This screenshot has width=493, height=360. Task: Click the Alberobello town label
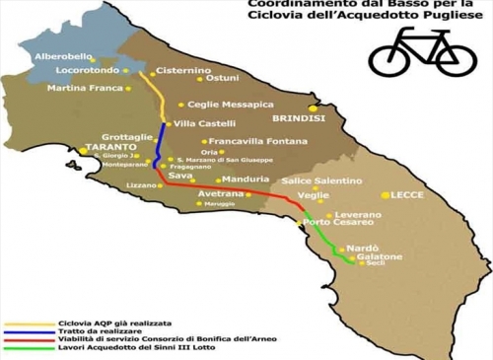63,56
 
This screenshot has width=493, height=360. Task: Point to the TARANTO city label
109,148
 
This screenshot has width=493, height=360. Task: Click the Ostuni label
223,78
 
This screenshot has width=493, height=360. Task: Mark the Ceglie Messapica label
231,105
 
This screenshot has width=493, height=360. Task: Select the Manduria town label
246,179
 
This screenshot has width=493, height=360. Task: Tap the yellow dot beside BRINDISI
313,108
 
